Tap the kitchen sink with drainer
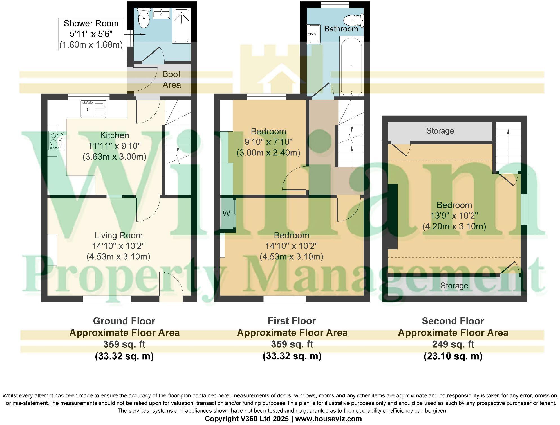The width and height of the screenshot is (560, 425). pyautogui.click(x=93, y=108)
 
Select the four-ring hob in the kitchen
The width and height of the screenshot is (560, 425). pyautogui.click(x=57, y=140)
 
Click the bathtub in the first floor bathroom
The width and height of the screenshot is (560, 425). pyautogui.click(x=351, y=67)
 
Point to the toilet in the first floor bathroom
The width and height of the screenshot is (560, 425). pyautogui.click(x=353, y=20)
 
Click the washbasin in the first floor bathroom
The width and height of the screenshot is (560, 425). pyautogui.click(x=315, y=34)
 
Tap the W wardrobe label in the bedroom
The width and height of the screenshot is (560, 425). pyautogui.click(x=226, y=213)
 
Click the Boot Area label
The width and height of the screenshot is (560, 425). pyautogui.click(x=171, y=80)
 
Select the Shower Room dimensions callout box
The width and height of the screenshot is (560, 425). pyautogui.click(x=91, y=34)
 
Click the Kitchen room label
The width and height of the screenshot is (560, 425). pyautogui.click(x=115, y=135)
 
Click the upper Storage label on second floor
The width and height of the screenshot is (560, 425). pyautogui.click(x=440, y=131)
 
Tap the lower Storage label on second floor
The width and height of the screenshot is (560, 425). pyautogui.click(x=454, y=286)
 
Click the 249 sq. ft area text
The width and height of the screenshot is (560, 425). pyautogui.click(x=453, y=344)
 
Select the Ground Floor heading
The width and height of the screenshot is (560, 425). pyautogui.click(x=124, y=321)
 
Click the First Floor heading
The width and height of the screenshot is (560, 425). pyautogui.click(x=292, y=321)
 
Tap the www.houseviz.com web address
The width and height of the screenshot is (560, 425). pyautogui.click(x=328, y=419)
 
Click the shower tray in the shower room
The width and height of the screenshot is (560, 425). pyautogui.click(x=181, y=25)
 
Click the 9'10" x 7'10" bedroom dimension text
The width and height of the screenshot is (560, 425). pyautogui.click(x=268, y=142)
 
